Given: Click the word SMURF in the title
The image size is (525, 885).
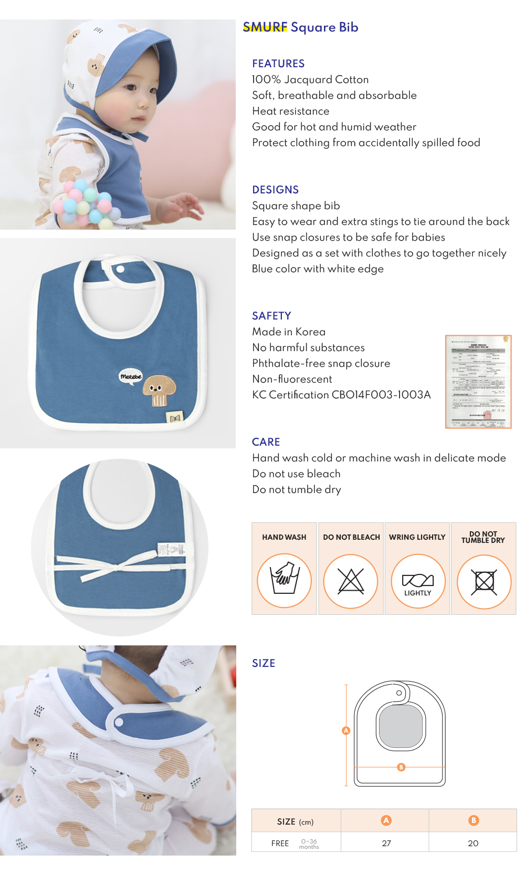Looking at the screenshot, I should pyautogui.click(x=265, y=27).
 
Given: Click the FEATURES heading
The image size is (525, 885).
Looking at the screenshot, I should pyautogui.click(x=278, y=64).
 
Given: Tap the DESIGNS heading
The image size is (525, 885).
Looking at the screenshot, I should pyautogui.click(x=275, y=190).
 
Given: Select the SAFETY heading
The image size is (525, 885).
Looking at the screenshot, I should pyautogui.click(x=271, y=316).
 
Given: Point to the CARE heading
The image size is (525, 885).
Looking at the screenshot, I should pyautogui.click(x=266, y=442).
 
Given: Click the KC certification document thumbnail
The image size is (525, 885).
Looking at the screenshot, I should pyautogui.click(x=478, y=382).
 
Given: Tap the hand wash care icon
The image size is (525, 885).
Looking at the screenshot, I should pyautogui.click(x=284, y=581).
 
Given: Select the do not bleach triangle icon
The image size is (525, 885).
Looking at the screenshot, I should pyautogui.click(x=351, y=581).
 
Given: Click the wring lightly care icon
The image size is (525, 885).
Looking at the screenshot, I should pyautogui.click(x=417, y=581).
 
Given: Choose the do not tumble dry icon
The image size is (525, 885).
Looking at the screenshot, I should pyautogui.click(x=484, y=581).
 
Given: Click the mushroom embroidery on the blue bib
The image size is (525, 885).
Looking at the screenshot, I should pyautogui.click(x=156, y=389).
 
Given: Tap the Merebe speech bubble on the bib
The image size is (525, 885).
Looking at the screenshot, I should pyautogui.click(x=131, y=376).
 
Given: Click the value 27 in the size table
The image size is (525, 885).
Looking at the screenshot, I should pyautogui.click(x=386, y=843).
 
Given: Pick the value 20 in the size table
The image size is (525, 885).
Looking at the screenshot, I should pyautogui.click(x=473, y=843).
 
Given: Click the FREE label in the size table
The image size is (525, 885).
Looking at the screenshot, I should pyautogui.click(x=280, y=843).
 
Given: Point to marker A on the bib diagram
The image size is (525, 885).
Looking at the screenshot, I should pyautogui.click(x=346, y=730).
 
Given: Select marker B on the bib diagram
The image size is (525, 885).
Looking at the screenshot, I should pyautogui.click(x=401, y=767).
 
